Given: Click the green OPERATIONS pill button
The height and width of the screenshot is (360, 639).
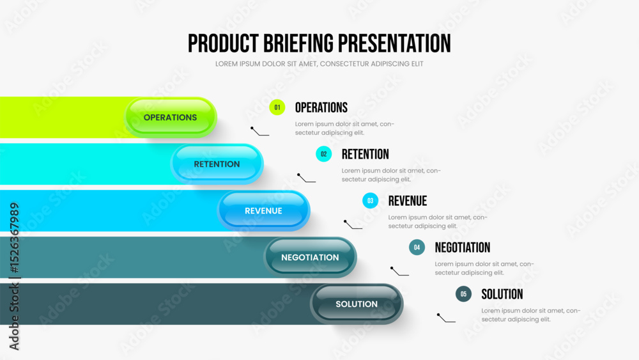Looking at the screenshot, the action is click(x=171, y=118).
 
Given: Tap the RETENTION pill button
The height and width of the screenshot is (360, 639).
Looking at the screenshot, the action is click(x=217, y=164).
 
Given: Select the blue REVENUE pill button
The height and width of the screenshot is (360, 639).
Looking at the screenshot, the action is click(x=263, y=211).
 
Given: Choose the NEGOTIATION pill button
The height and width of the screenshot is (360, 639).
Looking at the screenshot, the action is click(x=310, y=257).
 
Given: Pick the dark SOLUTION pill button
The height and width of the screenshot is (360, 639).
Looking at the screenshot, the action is click(x=357, y=304).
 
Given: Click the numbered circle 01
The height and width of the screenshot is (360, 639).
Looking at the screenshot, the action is click(x=277, y=107).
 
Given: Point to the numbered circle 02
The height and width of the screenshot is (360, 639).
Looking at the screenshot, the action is click(x=323, y=154).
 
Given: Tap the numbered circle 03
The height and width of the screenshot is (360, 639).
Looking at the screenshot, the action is click(x=371, y=201).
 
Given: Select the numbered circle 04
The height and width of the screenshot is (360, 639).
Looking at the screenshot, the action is click(x=417, y=247).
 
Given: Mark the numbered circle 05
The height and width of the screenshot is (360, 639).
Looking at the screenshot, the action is click(x=463, y=294).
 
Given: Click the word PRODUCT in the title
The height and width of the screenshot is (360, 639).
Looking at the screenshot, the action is click(x=223, y=43).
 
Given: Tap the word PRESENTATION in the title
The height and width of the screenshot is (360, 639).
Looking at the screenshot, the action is click(x=394, y=43).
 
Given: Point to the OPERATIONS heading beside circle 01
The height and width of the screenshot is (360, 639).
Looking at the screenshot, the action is click(x=321, y=107).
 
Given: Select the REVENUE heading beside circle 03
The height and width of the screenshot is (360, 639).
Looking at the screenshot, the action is click(x=408, y=201).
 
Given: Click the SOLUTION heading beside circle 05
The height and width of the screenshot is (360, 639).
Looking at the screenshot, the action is click(x=502, y=294).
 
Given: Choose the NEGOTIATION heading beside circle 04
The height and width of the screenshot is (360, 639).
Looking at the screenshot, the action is click(x=463, y=247).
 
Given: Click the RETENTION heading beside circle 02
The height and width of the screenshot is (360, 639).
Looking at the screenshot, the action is click(x=365, y=154).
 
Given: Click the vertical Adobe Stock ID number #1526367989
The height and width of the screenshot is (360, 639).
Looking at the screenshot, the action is click(x=14, y=238).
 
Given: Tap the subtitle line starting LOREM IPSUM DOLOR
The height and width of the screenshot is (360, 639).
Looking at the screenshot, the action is click(x=319, y=64).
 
